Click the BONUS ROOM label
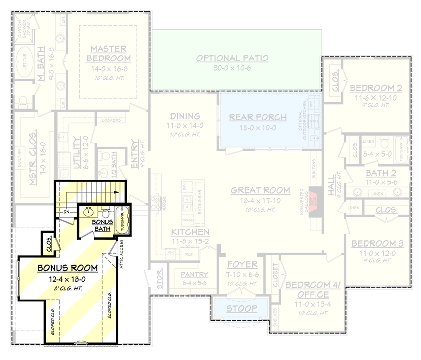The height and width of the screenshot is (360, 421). tap(67, 268)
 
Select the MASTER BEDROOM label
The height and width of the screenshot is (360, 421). tap(108, 54)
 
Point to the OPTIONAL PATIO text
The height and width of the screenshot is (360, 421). tap(232, 59)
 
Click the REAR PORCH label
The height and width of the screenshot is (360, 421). tap(258, 118)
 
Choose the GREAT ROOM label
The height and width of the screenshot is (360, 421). tap(260, 190)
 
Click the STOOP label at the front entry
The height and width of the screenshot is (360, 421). tap(242, 308)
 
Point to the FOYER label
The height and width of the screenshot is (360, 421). tap(242, 264)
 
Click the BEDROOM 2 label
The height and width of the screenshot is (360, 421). tap(375, 88)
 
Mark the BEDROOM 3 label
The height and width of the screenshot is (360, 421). tap(377, 244)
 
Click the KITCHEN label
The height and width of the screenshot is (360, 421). tap(190, 232)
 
